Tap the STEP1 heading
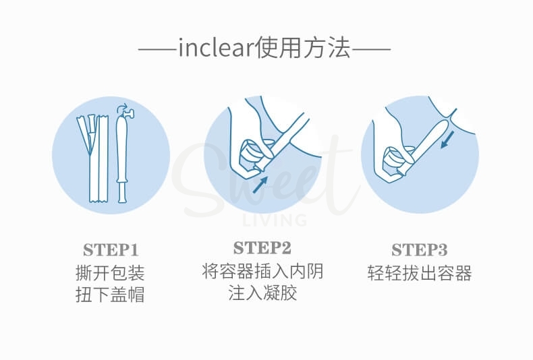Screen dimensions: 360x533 click(x=111, y=250)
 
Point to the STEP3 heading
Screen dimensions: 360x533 click(x=420, y=250)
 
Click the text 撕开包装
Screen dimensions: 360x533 click(x=111, y=273)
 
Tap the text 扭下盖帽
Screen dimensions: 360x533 click(x=111, y=295)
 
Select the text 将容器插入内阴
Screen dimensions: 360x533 click(x=262, y=271)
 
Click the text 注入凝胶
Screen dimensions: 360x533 click(x=262, y=293)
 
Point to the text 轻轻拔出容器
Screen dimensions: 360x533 click(x=420, y=273)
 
